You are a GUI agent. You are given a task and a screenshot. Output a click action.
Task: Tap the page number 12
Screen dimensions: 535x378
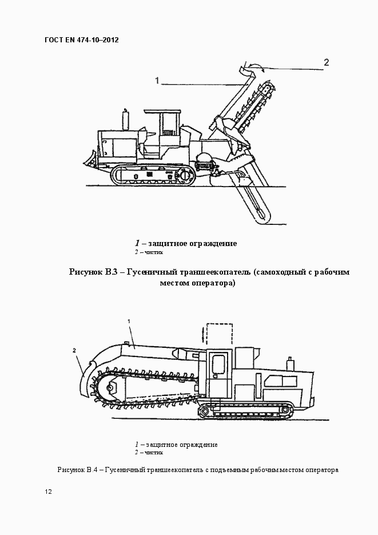(48, 492)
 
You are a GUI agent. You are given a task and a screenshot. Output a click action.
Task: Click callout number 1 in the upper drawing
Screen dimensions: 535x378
(156, 81)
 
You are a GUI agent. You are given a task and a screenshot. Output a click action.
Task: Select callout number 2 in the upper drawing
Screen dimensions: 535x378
(327, 62)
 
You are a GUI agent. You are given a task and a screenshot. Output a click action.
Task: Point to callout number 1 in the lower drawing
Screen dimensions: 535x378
(129, 322)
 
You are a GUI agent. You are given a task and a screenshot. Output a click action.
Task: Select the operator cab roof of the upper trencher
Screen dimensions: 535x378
(164, 112)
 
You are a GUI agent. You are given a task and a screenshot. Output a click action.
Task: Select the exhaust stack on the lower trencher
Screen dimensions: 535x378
(290, 363)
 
